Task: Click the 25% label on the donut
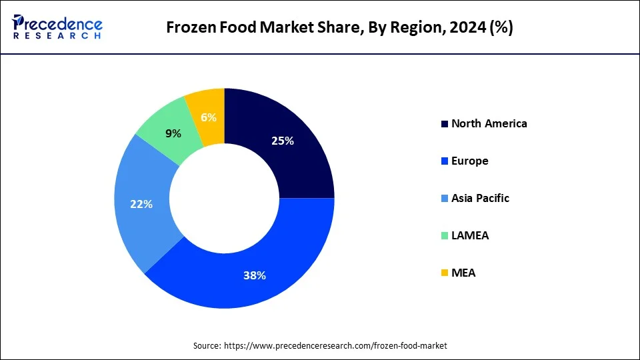tap(283, 141)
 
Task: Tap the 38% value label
tap(255, 275)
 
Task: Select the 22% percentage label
tap(141, 204)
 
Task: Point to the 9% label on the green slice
tap(173, 133)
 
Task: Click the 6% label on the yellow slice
tap(209, 117)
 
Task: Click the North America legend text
tap(489, 123)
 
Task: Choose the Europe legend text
tap(469, 161)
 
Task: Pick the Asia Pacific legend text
tap(480, 198)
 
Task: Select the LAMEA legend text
tap(469, 235)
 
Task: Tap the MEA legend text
tap(463, 273)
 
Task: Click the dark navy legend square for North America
tap(444, 124)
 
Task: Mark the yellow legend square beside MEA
tap(444, 273)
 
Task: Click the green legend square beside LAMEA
tap(444, 236)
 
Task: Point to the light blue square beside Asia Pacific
tap(444, 199)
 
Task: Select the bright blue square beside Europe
tap(444, 161)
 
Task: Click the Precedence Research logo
tap(57, 27)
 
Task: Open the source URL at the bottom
tap(335, 345)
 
